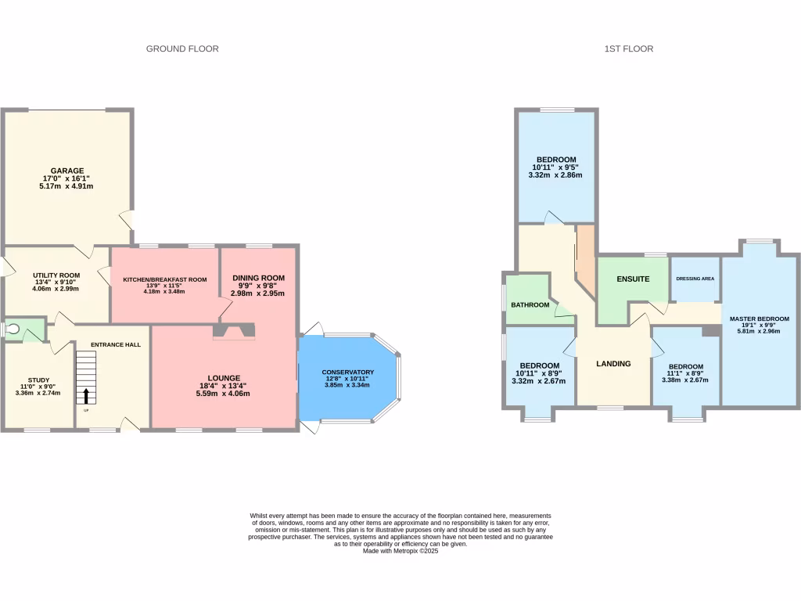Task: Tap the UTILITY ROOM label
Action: [x=56, y=275]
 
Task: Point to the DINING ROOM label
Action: [x=258, y=278]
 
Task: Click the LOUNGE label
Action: [x=224, y=377]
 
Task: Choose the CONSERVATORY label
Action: [x=347, y=372]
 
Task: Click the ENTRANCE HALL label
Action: [x=116, y=344]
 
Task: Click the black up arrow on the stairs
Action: [x=86, y=395]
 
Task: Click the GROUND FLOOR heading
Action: [x=182, y=49]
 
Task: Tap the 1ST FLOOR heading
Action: [x=628, y=49]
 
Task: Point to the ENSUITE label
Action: [x=633, y=279]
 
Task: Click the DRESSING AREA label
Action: [x=695, y=279]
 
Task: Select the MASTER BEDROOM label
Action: [x=759, y=319]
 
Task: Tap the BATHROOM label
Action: [x=530, y=304]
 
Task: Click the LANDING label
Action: [x=613, y=363]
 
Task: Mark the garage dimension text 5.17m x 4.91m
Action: [x=66, y=186]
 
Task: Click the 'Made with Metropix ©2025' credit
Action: [x=400, y=550]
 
